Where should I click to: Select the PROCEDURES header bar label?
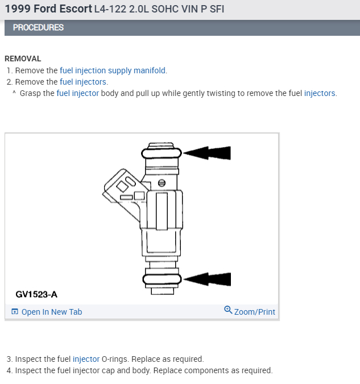[x=38, y=27]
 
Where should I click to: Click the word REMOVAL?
[x=23, y=59]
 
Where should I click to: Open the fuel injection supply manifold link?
[x=113, y=70]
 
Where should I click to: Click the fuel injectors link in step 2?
[x=83, y=82]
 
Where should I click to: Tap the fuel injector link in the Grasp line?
[x=77, y=93]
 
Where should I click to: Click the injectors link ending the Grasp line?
[x=320, y=93]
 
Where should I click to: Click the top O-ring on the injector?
[x=162, y=153]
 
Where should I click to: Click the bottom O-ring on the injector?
[x=162, y=278]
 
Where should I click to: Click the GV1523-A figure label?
[x=36, y=294]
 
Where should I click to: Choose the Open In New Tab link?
[x=51, y=312]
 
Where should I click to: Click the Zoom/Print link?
[x=254, y=312]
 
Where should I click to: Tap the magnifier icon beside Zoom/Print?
[x=228, y=310]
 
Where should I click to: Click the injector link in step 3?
[x=86, y=359]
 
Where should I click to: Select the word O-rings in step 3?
[x=114, y=359]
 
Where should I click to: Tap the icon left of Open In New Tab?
[x=15, y=312]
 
